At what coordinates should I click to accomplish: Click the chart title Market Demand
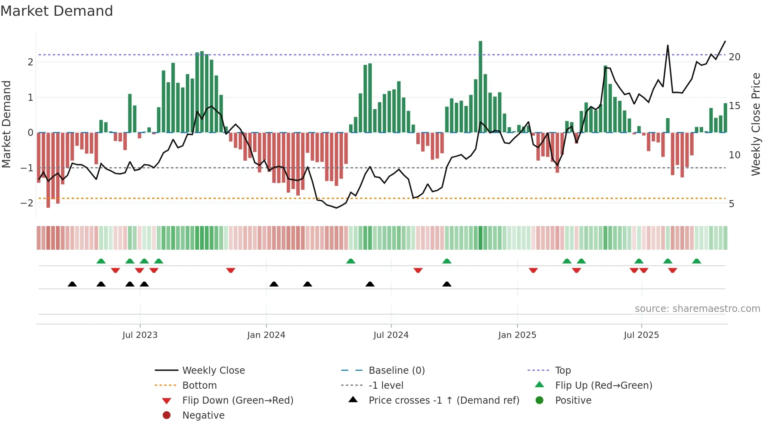pyautogui.click(x=57, y=11)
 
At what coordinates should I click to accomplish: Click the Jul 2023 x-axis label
pyautogui.click(x=140, y=335)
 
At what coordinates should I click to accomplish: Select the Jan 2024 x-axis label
pyautogui.click(x=266, y=335)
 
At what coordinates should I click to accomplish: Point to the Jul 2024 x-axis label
pyautogui.click(x=391, y=335)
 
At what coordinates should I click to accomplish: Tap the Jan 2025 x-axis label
pyautogui.click(x=517, y=335)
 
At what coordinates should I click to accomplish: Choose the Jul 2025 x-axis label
pyautogui.click(x=641, y=335)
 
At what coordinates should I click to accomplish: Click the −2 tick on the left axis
pyautogui.click(x=27, y=203)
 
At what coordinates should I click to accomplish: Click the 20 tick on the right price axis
pyautogui.click(x=735, y=57)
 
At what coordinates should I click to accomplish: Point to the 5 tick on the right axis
pyautogui.click(x=731, y=204)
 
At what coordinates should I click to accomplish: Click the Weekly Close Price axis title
pyautogui.click(x=755, y=124)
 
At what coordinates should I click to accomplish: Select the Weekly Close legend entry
pyautogui.click(x=213, y=371)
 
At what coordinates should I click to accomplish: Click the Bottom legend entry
pyautogui.click(x=199, y=386)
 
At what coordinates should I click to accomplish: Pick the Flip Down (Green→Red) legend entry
pyautogui.click(x=238, y=401)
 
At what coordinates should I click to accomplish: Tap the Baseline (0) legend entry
pyautogui.click(x=396, y=371)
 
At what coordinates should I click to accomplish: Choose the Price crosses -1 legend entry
pyautogui.click(x=444, y=401)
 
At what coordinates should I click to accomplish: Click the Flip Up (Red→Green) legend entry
pyautogui.click(x=603, y=386)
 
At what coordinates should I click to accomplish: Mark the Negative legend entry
pyautogui.click(x=203, y=415)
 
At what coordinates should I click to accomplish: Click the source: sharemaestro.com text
pyautogui.click(x=697, y=309)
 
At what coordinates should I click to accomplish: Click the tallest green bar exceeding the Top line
pyautogui.click(x=481, y=87)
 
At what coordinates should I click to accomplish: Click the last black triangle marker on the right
pyautogui.click(x=447, y=284)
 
